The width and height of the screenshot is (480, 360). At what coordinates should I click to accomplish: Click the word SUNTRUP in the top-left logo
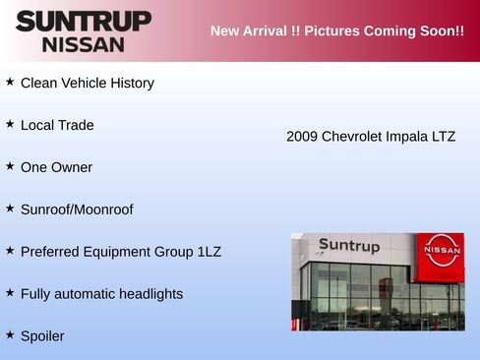click(x=84, y=21)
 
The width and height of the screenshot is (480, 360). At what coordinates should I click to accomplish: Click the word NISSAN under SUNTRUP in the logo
click(x=84, y=44)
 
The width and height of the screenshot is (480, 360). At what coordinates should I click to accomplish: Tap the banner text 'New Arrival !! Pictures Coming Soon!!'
click(x=336, y=30)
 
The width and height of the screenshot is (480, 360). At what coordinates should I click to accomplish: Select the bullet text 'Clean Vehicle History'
click(x=87, y=84)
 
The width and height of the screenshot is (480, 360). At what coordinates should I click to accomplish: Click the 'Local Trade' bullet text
click(x=57, y=126)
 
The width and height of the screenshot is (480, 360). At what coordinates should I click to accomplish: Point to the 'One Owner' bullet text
click(x=56, y=167)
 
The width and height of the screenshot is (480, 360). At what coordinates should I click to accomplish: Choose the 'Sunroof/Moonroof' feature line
click(x=77, y=210)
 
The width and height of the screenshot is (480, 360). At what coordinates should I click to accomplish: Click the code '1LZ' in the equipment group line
click(x=210, y=252)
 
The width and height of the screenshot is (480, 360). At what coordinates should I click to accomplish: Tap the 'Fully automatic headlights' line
click(x=101, y=294)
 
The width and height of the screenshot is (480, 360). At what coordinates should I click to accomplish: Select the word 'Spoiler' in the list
click(x=42, y=336)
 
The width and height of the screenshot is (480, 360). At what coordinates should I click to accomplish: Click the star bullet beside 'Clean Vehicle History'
click(x=10, y=82)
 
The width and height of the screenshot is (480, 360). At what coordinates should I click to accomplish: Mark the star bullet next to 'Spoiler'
click(x=10, y=334)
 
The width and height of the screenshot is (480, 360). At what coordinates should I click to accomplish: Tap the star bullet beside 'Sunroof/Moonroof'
click(x=10, y=208)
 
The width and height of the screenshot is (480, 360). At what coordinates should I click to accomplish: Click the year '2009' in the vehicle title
click(x=302, y=137)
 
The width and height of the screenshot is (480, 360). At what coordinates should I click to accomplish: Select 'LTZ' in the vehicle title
click(x=444, y=137)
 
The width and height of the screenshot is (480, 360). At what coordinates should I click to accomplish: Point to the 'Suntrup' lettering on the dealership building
click(x=349, y=245)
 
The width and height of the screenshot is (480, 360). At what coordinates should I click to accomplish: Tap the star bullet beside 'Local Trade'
click(x=10, y=124)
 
